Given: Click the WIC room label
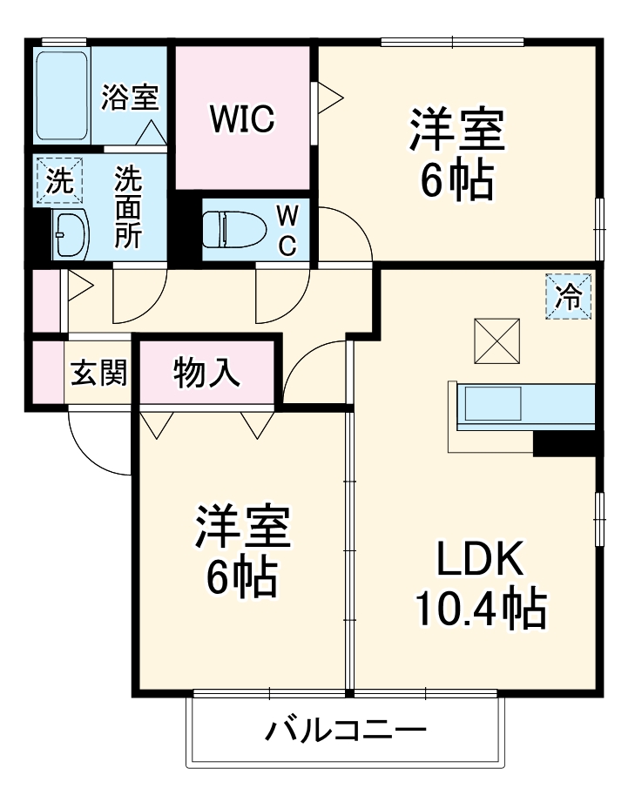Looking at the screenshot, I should click(241, 118).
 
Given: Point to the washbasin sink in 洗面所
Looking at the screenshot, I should click(69, 234).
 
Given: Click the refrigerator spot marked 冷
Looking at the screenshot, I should click(568, 297).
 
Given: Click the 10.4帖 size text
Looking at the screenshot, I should click(479, 609).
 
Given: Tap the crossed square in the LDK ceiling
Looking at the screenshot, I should click(497, 340).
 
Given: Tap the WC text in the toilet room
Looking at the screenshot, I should click(287, 230).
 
